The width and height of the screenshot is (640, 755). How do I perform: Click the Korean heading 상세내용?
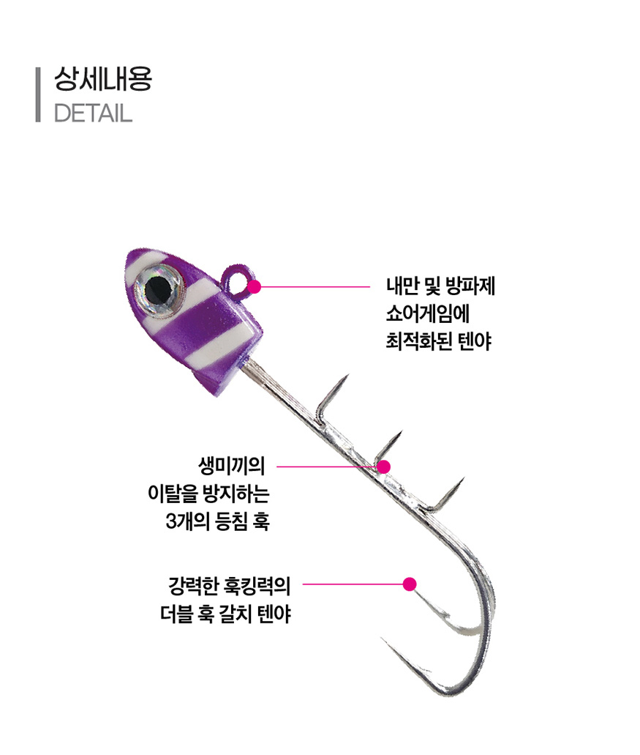tap(103, 78)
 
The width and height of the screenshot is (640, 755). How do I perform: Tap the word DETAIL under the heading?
tap(93, 114)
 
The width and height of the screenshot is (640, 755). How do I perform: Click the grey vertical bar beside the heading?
tap(38, 95)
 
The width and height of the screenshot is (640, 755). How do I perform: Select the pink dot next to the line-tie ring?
tap(255, 287)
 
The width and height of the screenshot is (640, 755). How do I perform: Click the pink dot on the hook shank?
tap(383, 466)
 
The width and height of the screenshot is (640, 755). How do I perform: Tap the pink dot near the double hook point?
tap(409, 584)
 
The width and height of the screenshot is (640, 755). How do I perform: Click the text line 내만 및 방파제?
tap(440, 286)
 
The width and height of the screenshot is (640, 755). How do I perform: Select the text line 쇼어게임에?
tap(427, 313)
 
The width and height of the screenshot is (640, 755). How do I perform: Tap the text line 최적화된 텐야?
tap(439, 341)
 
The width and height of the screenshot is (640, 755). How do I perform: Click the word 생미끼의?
tap(231, 466)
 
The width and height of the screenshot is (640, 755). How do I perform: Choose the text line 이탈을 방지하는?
tap(208, 493)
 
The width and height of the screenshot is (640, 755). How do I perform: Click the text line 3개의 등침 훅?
tap(217, 521)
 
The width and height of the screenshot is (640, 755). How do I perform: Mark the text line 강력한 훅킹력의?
tap(230, 586)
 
